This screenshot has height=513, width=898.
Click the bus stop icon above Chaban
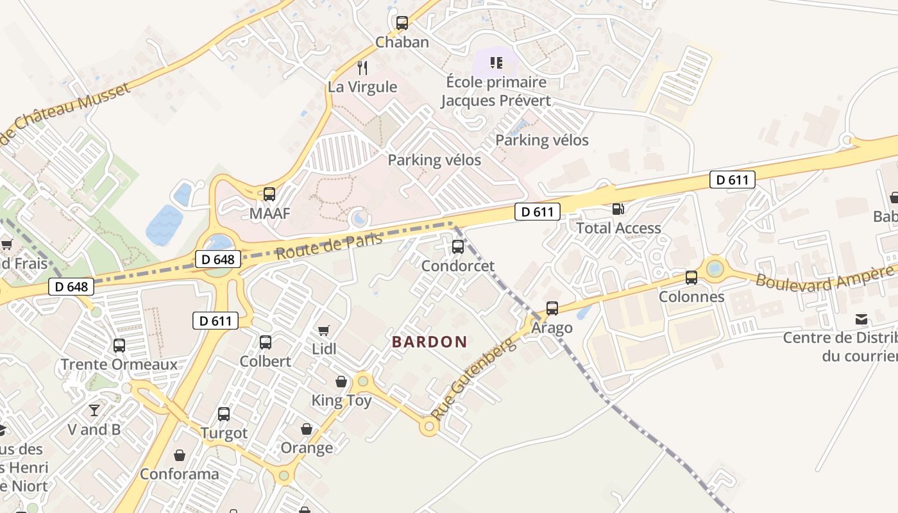tap(402, 23)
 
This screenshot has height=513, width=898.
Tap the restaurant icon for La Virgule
tap(362, 68)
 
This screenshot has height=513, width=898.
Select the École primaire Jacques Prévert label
tap(496, 91)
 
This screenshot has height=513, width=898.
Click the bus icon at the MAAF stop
tap(269, 194)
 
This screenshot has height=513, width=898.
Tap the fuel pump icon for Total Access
tap(618, 208)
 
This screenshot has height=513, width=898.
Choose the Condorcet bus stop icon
tap(458, 246)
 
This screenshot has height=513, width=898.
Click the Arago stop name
tap(552, 328)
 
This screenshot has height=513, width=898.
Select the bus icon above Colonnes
tap(691, 278)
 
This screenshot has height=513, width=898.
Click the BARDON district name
tap(429, 342)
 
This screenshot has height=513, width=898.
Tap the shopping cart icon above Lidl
tap(324, 330)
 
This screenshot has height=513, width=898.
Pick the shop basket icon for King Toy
tap(341, 382)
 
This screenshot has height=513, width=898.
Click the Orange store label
tap(307, 448)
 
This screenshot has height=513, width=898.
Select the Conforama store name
tap(180, 474)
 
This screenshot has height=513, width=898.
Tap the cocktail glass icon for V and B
tap(94, 410)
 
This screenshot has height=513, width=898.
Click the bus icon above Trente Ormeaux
tap(119, 346)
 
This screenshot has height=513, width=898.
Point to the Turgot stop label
tap(224, 433)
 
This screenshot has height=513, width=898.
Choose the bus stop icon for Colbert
tap(266, 342)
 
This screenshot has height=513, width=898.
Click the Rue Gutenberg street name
tap(474, 380)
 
